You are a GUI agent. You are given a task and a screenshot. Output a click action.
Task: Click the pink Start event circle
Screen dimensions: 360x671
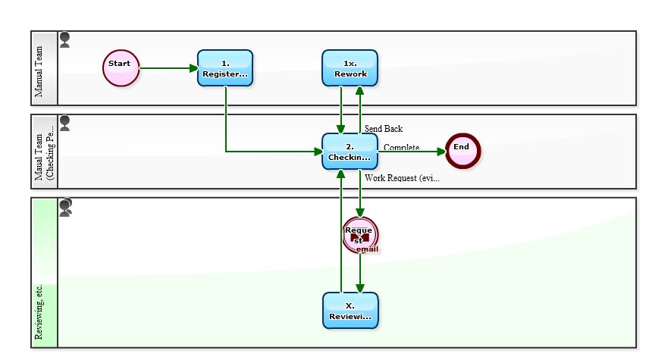[x=121, y=68]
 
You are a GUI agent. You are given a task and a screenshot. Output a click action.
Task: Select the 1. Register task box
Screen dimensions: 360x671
[x=225, y=68]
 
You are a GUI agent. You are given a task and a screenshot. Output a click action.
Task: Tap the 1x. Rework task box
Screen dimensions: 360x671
[x=350, y=68]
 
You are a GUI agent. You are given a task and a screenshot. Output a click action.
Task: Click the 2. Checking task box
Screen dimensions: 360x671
[x=350, y=152]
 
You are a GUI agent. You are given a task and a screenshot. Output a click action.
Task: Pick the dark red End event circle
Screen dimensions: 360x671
[x=462, y=151]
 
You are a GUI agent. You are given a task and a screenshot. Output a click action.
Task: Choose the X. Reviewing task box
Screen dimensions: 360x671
[x=350, y=311]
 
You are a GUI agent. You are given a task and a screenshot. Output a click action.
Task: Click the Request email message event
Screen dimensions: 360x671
[x=359, y=236]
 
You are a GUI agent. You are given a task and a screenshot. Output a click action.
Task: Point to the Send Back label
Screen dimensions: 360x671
[x=383, y=129]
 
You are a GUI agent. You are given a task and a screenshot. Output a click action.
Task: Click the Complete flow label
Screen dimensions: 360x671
[x=401, y=148]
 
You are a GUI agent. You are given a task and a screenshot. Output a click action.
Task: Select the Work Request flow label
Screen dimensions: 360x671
[x=402, y=178]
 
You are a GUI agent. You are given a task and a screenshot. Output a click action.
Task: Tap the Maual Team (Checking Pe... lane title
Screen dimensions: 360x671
[x=45, y=152]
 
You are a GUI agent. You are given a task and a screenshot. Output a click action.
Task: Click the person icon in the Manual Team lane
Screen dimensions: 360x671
[x=65, y=40]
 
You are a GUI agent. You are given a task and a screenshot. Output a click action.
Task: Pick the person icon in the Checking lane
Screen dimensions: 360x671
[x=65, y=124]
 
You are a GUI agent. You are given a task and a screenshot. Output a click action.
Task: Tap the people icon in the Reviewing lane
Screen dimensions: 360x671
[x=66, y=207]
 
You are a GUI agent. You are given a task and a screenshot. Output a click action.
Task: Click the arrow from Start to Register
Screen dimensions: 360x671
[x=168, y=68]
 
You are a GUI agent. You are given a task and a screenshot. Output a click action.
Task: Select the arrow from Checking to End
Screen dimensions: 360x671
[x=413, y=152]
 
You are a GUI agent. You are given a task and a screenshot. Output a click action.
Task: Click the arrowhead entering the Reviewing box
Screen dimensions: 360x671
[x=359, y=287]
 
